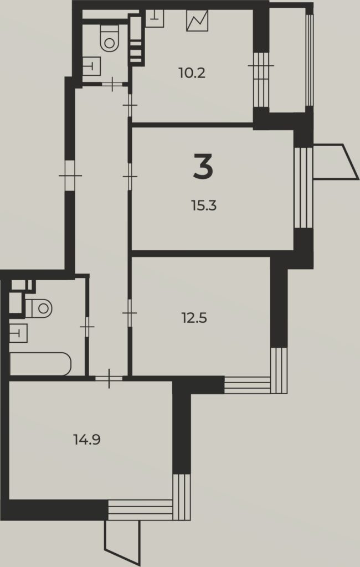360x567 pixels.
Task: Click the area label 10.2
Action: pyautogui.click(x=192, y=74)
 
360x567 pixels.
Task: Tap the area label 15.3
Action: pyautogui.click(x=204, y=206)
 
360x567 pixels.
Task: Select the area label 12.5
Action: pyautogui.click(x=194, y=318)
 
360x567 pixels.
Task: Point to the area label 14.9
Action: pyautogui.click(x=87, y=440)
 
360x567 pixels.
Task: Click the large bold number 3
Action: pyautogui.click(x=203, y=166)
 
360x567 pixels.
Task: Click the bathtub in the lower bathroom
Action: pyautogui.click(x=40, y=364)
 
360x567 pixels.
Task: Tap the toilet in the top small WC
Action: pyautogui.click(x=109, y=39)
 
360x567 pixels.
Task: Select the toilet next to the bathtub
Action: pyautogui.click(x=39, y=308)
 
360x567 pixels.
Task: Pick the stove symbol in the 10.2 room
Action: pyautogui.click(x=197, y=20)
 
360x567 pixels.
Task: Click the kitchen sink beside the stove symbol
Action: pyautogui.click(x=155, y=18)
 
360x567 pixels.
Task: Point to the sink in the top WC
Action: pyautogui.click(x=91, y=66)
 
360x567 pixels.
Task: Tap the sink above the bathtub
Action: pyautogui.click(x=18, y=333)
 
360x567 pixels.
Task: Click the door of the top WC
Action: pyautogui.click(x=112, y=84)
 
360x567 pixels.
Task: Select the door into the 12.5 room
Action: pyautogui.click(x=130, y=312)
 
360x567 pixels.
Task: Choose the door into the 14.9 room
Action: pyautogui.click(x=109, y=379)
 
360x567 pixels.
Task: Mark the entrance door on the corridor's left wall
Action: pyautogui.click(x=70, y=176)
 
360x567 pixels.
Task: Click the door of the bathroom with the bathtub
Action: pyautogui.click(x=87, y=327)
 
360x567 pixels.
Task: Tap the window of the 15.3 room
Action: pyautogui.click(x=303, y=187)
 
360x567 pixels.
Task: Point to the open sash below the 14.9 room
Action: pyautogui.click(x=122, y=540)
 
